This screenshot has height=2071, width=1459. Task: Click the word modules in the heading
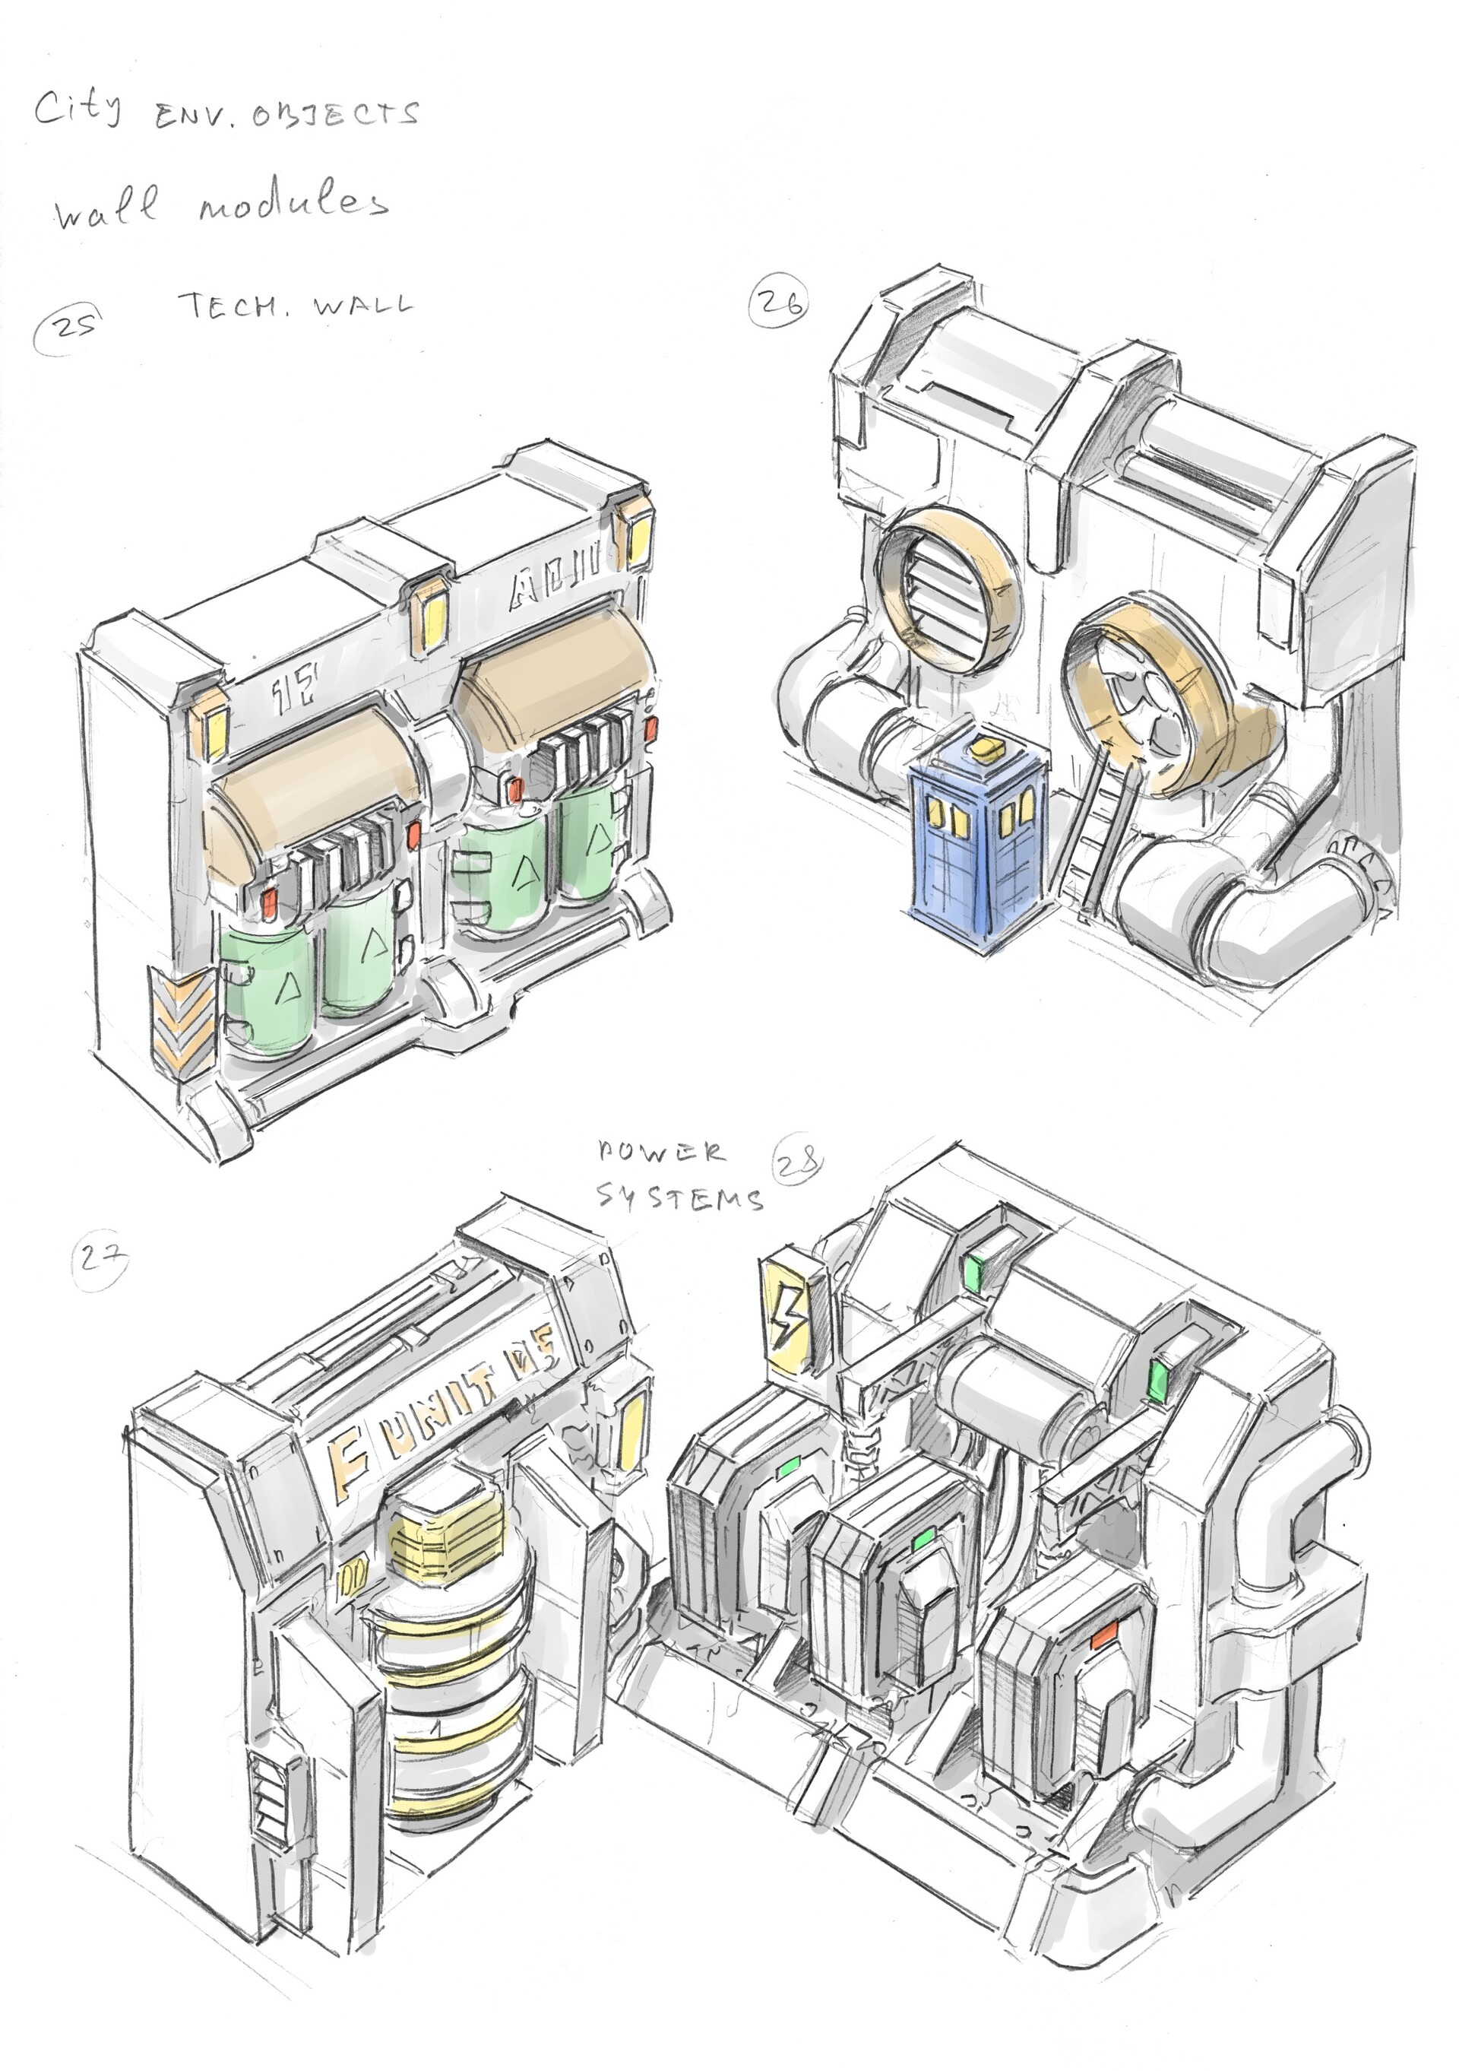point(293,205)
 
